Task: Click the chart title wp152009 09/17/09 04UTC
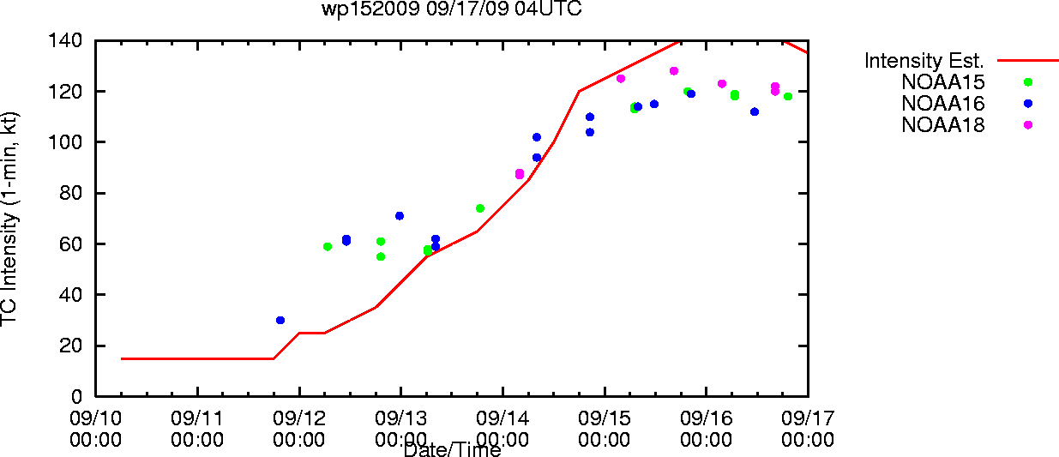point(452,9)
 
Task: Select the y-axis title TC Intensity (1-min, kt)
point(9,219)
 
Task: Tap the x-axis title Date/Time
point(452,449)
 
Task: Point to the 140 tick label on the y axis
point(65,40)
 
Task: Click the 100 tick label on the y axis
point(65,141)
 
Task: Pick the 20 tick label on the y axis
point(71,346)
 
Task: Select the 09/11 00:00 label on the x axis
point(197,429)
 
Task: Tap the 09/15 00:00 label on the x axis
point(605,429)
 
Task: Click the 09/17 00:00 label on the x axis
point(808,429)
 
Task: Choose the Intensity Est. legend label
point(924,61)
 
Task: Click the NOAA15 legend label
point(943,82)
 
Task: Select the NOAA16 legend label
point(943,104)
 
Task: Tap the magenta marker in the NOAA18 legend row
point(1028,125)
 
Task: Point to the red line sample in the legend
point(1028,61)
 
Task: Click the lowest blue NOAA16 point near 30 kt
point(280,321)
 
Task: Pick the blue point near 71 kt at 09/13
point(400,216)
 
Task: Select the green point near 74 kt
point(480,208)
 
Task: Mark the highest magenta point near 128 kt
point(674,71)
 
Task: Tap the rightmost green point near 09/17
point(788,96)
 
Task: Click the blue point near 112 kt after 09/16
point(755,111)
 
